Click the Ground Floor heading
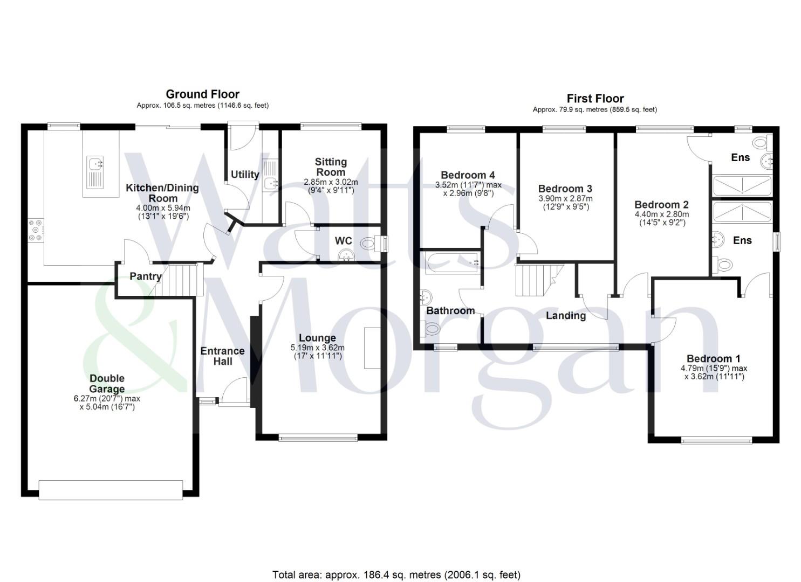[202, 94]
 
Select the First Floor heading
[595, 99]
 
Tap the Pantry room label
[146, 276]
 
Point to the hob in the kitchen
[36, 230]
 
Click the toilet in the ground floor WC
[369, 244]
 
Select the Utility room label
[245, 175]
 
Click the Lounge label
[317, 338]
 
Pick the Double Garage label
[107, 384]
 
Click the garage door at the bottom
[111, 490]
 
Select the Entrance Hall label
[222, 356]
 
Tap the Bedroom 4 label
[468, 175]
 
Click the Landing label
[566, 316]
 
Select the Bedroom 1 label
[713, 359]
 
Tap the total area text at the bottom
[396, 575]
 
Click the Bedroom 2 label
[661, 205]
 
